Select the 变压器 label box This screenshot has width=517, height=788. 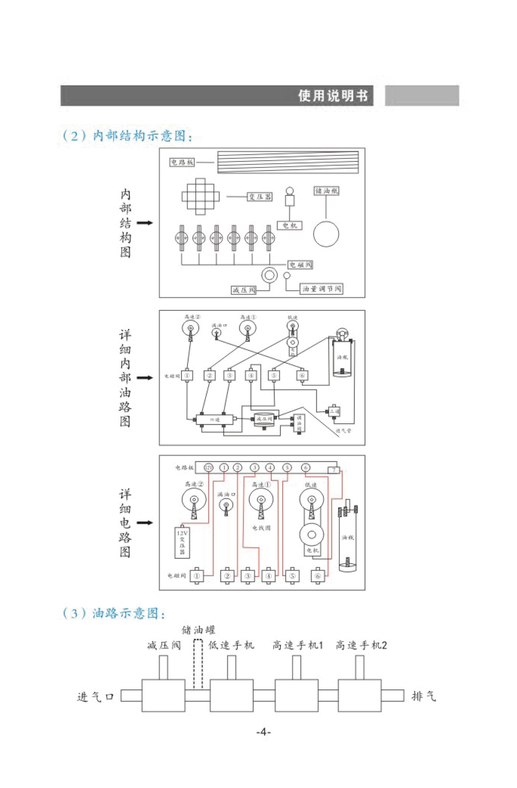point(260,197)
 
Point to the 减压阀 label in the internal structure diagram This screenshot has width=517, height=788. point(244,290)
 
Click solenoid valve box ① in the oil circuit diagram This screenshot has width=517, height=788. point(187,375)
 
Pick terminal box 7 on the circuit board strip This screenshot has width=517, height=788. point(334,470)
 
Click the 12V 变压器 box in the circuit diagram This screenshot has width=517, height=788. point(182,542)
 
